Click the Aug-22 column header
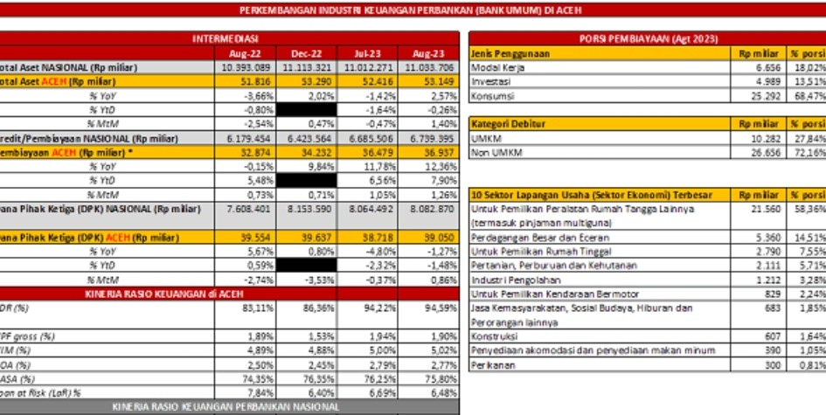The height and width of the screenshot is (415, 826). click(x=239, y=53)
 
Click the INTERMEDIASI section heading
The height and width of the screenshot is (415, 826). click(x=230, y=40)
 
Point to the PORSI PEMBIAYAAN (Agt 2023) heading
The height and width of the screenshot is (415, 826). click(x=644, y=40)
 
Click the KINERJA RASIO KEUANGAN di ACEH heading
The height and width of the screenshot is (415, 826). click(x=229, y=294)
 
